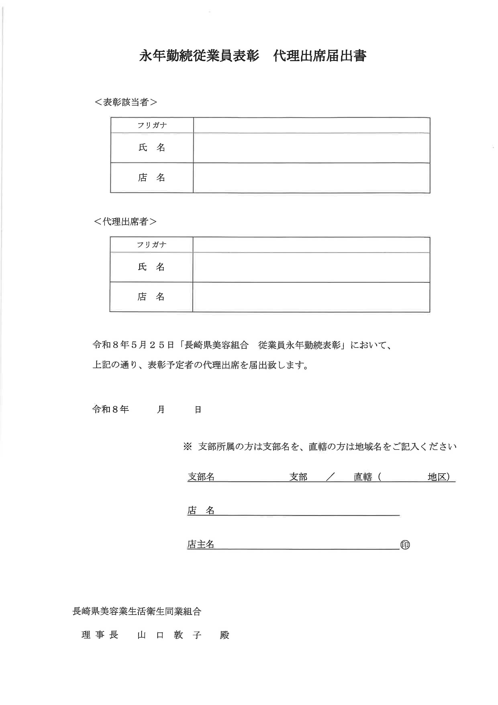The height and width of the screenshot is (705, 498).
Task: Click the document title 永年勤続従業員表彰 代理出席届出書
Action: tap(253, 56)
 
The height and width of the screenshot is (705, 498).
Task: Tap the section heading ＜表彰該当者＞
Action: tap(126, 102)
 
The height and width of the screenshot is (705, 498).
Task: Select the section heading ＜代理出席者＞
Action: tap(125, 221)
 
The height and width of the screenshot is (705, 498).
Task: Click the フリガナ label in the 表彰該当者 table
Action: tap(152, 125)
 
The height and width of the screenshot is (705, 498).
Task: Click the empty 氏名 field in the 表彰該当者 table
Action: tap(311, 148)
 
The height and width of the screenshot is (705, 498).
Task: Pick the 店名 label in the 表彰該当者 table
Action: tap(152, 178)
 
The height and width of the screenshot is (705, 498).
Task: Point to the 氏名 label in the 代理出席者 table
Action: tap(151, 267)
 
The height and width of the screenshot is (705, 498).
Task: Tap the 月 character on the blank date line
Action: tap(161, 409)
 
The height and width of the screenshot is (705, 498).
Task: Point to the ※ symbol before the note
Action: tap(187, 447)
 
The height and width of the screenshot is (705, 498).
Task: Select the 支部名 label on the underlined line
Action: tap(201, 477)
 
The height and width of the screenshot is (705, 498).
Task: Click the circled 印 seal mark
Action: tap(405, 545)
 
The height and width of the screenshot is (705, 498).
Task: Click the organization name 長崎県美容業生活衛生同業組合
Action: tap(137, 611)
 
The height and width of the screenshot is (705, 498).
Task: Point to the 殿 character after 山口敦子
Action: tap(225, 635)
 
